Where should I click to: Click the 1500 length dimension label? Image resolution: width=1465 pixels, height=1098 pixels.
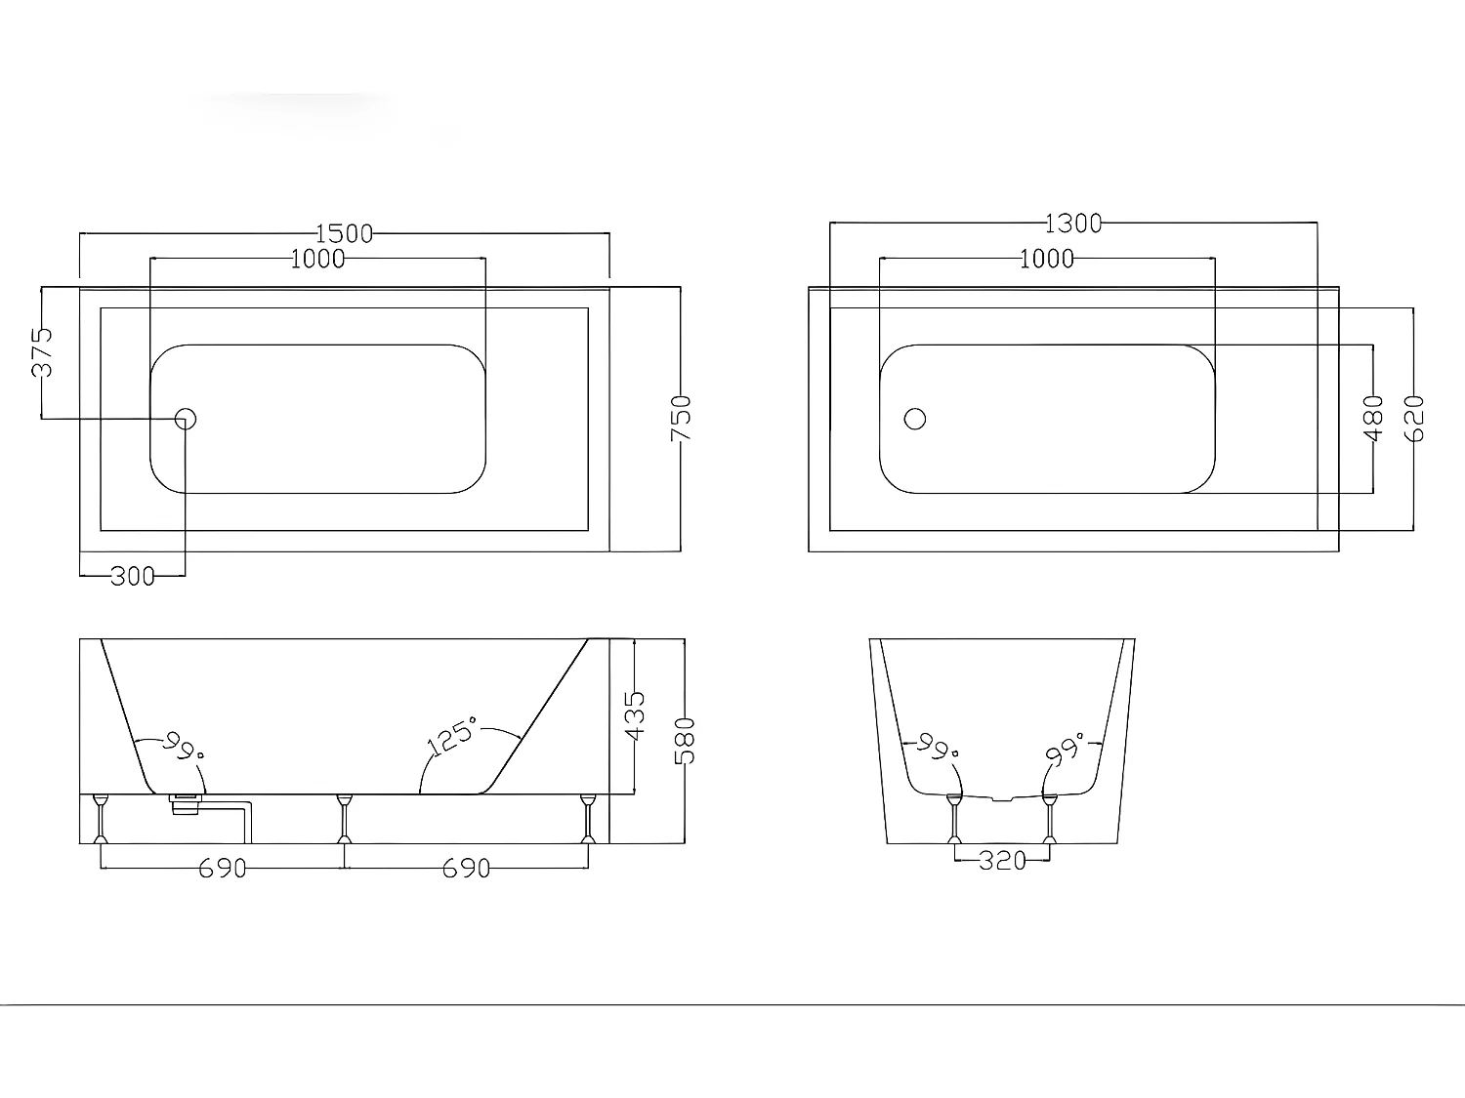(x=344, y=234)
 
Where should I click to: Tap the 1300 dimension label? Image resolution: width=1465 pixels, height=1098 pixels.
(x=1073, y=224)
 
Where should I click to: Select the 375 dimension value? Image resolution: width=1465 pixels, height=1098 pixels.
(x=42, y=352)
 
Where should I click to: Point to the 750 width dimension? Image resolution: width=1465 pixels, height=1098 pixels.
(x=681, y=418)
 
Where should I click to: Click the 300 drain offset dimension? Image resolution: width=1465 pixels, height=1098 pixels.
(x=132, y=577)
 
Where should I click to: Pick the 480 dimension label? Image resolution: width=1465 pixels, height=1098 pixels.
(x=1373, y=419)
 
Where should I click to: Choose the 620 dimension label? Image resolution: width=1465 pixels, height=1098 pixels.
(x=1414, y=419)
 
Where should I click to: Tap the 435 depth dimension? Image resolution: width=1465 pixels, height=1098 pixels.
(x=635, y=716)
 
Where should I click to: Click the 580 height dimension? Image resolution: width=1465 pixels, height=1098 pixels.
(x=685, y=741)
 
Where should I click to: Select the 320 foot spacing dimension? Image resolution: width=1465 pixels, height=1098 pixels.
(x=1002, y=861)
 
